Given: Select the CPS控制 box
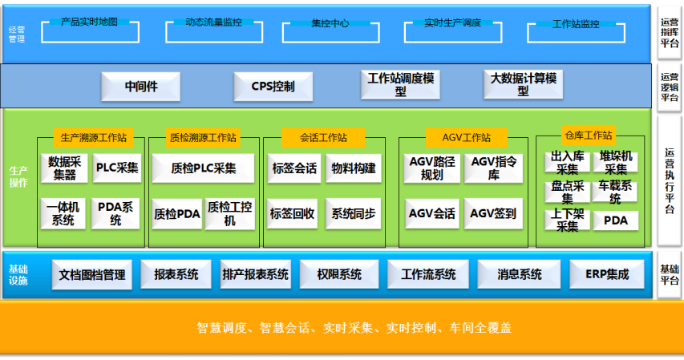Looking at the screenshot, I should pyautogui.click(x=273, y=86).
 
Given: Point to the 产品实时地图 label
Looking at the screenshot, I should pyautogui.click(x=89, y=22).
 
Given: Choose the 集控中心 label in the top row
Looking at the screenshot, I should pyautogui.click(x=330, y=23).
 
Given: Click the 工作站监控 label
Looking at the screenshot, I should pyautogui.click(x=576, y=24).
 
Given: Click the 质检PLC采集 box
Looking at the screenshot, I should pyautogui.click(x=204, y=168).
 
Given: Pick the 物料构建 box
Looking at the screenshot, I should pyautogui.click(x=354, y=168).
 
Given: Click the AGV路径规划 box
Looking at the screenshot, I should pyautogui.click(x=431, y=168).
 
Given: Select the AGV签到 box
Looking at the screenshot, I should pyautogui.click(x=493, y=214).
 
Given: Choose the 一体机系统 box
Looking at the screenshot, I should pyautogui.click(x=63, y=214).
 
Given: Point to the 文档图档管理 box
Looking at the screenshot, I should pyautogui.click(x=92, y=274).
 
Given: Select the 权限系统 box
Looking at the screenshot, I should pyautogui.click(x=338, y=274).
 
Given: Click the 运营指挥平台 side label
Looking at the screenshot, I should pyautogui.click(x=670, y=33).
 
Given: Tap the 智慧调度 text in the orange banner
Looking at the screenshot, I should pyautogui.click(x=219, y=328).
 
